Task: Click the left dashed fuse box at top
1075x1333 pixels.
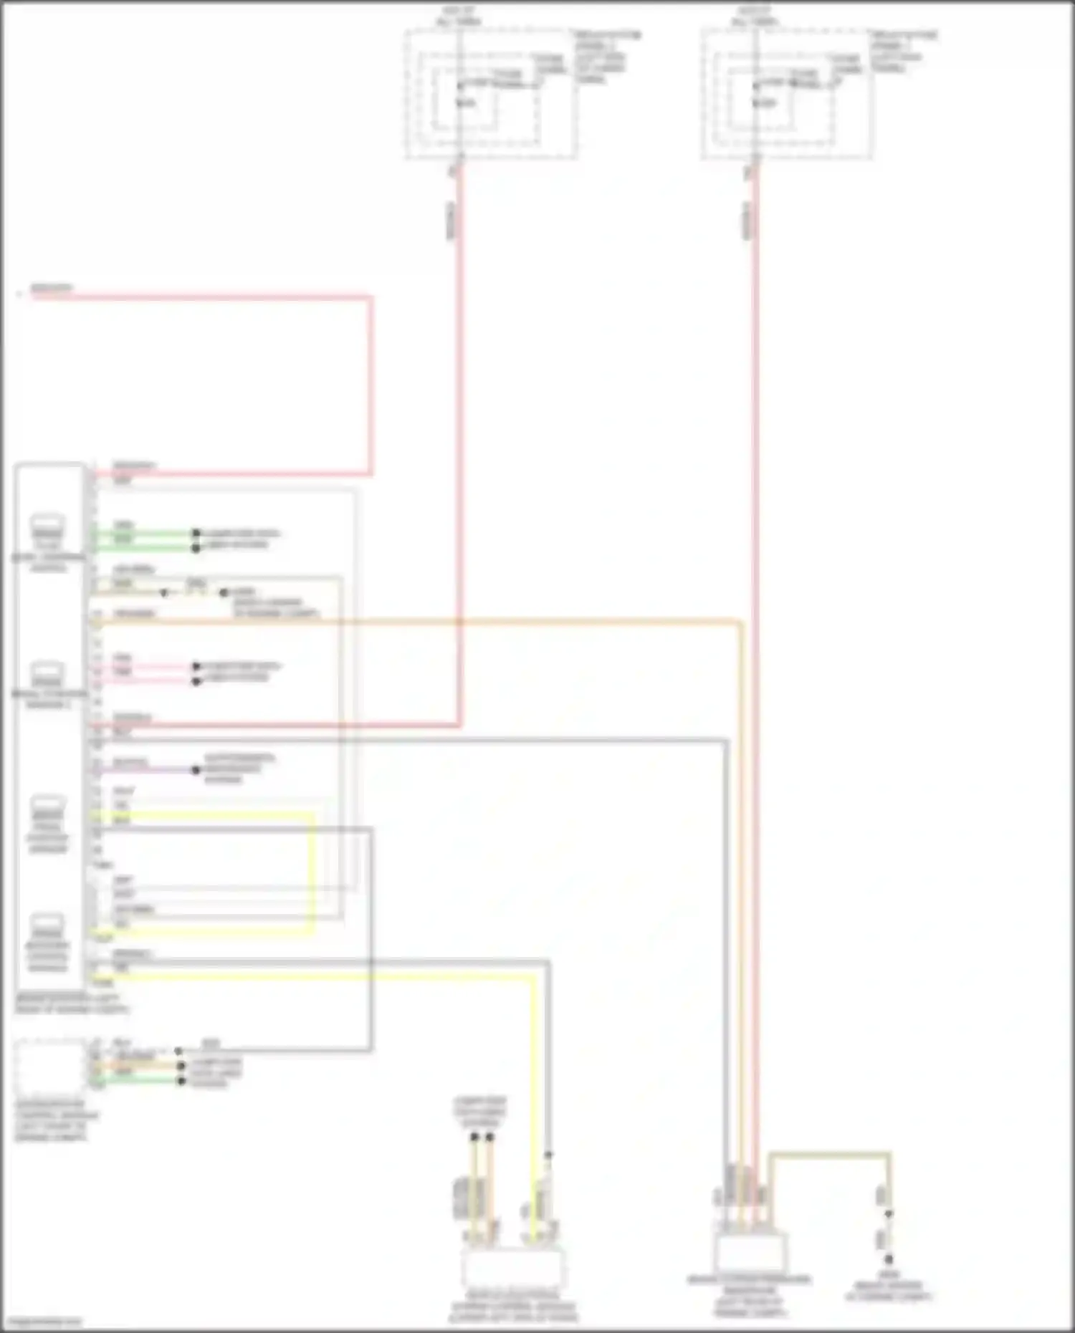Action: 491,94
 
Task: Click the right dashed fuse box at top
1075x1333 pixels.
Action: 787,94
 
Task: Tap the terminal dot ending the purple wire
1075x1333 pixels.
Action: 196,770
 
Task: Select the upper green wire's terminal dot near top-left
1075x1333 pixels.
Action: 196,534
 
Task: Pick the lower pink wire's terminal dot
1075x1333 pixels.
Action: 196,681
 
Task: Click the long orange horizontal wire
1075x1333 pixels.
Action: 430,622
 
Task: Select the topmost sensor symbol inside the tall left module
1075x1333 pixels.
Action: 47,526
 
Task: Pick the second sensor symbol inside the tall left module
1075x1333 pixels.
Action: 47,673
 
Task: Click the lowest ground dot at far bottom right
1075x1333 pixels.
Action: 889,1259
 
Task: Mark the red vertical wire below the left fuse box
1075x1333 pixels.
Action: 459,430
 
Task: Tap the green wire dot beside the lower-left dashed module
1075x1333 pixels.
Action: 181,1080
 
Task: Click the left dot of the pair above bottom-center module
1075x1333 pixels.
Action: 474,1137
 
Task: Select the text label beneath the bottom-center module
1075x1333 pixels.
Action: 513,1306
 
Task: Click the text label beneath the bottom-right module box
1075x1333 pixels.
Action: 750,1296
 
